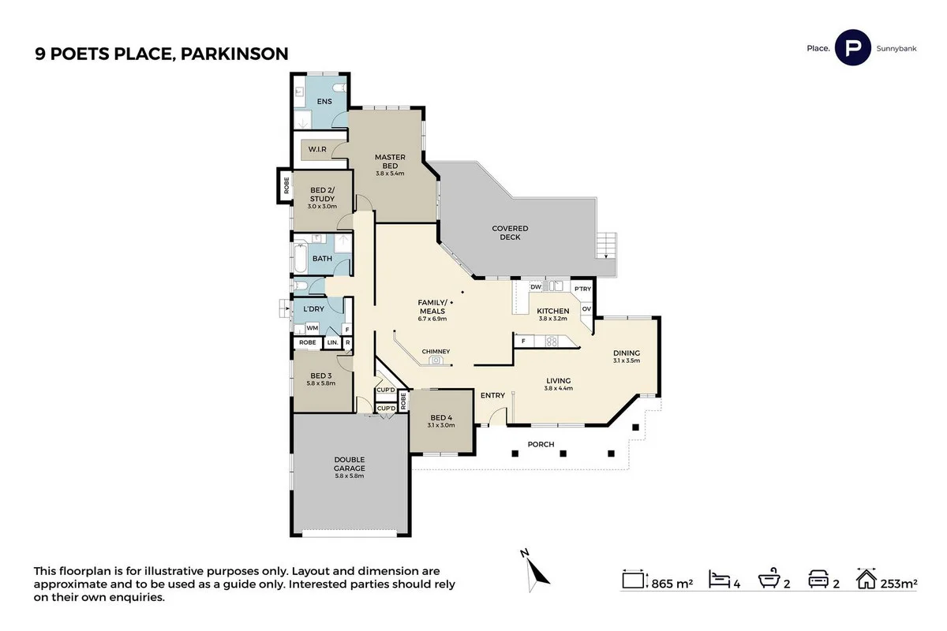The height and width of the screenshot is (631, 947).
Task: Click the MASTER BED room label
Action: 390,161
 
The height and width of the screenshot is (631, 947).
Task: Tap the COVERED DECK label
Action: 510,233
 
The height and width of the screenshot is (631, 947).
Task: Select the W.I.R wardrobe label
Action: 317,149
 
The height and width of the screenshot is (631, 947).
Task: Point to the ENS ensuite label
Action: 324,102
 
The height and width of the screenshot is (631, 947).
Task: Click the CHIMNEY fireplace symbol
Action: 436,360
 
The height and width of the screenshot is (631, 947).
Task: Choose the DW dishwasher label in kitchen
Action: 535,286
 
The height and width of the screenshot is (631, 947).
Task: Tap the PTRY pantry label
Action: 582,289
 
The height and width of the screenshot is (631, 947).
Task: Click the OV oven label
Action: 586,308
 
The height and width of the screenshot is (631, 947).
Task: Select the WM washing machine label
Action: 312,327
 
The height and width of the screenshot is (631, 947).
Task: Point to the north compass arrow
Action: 534,567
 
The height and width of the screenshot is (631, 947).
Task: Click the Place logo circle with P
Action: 852,48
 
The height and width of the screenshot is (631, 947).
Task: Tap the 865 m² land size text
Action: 672,584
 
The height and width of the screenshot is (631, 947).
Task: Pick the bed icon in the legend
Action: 718,580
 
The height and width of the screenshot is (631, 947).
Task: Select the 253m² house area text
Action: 899,584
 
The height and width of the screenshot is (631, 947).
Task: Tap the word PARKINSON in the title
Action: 234,54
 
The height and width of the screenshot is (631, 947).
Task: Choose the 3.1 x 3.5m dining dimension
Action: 626,360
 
